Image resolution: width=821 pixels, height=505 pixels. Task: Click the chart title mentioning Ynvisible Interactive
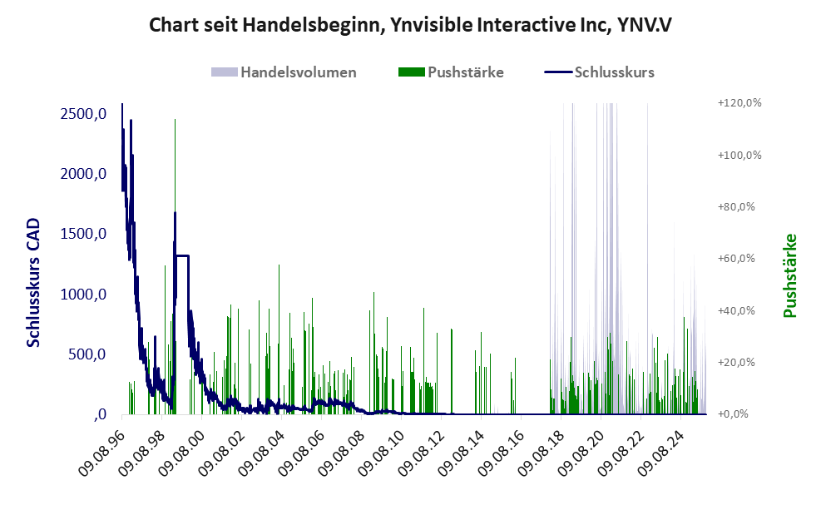pyautogui.click(x=410, y=25)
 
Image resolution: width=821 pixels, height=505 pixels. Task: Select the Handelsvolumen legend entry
pyautogui.click(x=298, y=72)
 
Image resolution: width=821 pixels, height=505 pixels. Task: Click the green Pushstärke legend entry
pyautogui.click(x=465, y=72)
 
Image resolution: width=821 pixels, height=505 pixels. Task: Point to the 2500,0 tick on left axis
pyautogui.click(x=83, y=114)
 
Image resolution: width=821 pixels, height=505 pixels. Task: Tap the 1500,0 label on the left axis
pyautogui.click(x=83, y=235)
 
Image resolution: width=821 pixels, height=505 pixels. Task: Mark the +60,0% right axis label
pyautogui.click(x=735, y=259)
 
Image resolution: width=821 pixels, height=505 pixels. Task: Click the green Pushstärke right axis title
pyautogui.click(x=789, y=275)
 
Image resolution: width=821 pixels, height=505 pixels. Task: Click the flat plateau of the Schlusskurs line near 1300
pyautogui.click(x=182, y=255)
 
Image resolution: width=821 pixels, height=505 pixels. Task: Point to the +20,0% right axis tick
pyautogui.click(x=735, y=363)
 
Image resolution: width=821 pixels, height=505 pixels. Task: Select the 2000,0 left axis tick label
pyautogui.click(x=83, y=174)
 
